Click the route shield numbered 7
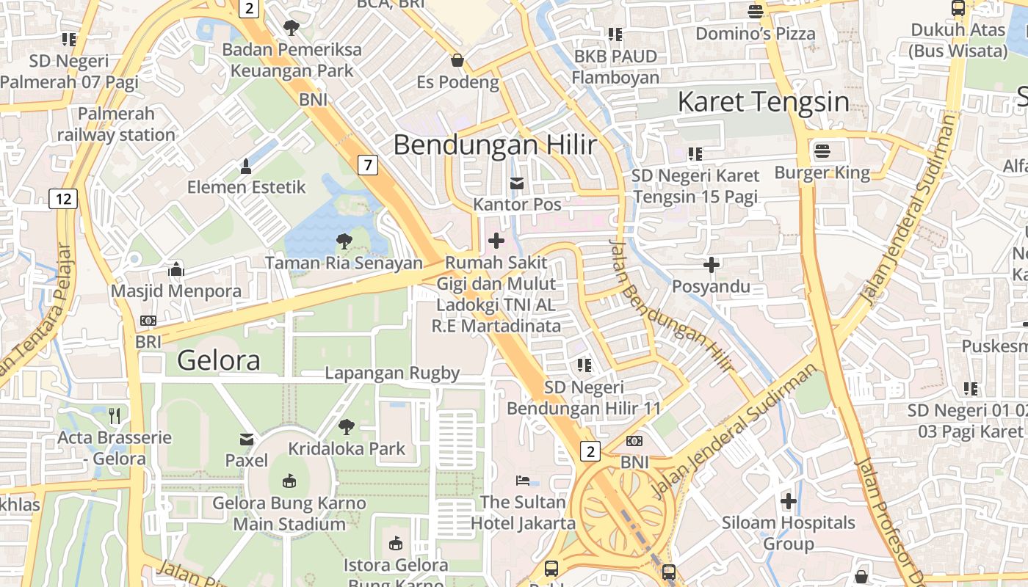368,165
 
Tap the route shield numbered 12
64,198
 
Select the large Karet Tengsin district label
763,102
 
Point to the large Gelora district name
219,360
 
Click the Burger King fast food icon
822,152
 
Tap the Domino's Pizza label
756,34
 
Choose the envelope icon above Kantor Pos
518,183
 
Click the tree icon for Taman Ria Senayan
344,241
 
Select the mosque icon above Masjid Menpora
175,269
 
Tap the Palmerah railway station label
116,124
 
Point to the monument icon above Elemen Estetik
246,167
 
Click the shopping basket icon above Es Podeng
457,60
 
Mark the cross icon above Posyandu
711,264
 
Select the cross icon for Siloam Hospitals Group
789,502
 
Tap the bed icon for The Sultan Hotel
523,481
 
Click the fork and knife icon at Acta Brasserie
114,416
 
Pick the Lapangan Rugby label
392,373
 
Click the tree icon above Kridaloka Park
346,427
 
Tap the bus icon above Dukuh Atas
958,9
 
